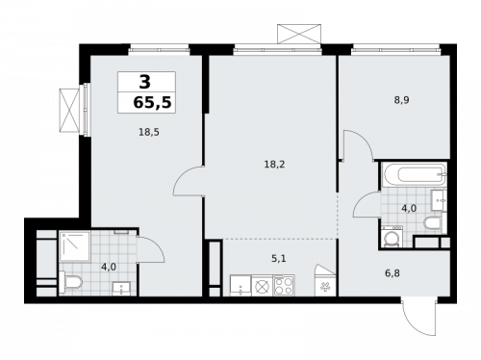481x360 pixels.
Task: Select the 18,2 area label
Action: click(x=273, y=165)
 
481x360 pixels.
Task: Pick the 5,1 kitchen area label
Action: click(x=278, y=257)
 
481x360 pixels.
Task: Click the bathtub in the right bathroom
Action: click(x=412, y=176)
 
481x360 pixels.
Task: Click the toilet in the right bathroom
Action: click(x=431, y=223)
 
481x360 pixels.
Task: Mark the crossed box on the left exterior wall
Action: click(x=69, y=108)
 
